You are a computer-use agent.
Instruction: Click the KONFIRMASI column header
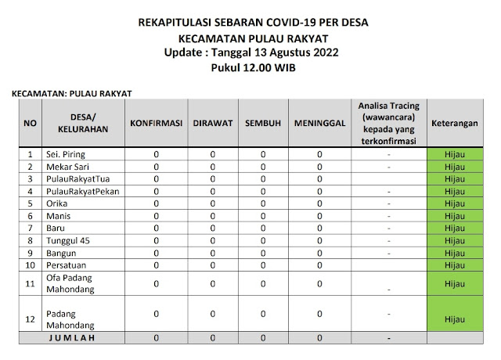156,124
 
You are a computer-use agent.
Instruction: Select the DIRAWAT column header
212,124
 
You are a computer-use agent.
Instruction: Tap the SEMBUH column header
263,124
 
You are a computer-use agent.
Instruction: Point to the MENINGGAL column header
319,124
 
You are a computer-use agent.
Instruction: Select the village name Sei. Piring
64,154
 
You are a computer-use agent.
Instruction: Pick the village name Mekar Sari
66,167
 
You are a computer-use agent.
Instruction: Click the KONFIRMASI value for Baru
156,227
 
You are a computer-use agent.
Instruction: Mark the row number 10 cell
29,265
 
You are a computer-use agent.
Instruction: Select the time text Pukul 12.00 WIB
250,68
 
